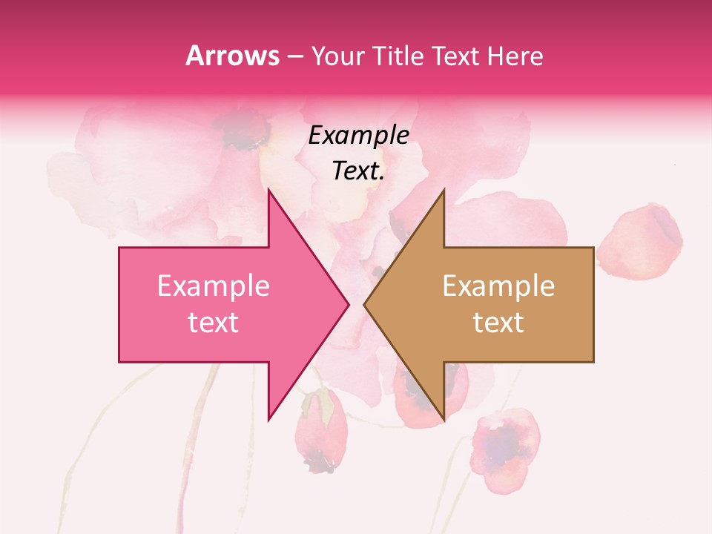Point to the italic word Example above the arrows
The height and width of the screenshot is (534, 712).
pos(359,136)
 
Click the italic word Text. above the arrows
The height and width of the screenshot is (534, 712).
pos(359,171)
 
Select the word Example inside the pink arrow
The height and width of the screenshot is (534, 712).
pos(214,286)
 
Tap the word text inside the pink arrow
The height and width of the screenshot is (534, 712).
pos(214,322)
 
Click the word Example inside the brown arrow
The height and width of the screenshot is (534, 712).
pos(498,286)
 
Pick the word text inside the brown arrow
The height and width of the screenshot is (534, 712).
pos(498,322)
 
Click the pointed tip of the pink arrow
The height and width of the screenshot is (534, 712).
pos(348,304)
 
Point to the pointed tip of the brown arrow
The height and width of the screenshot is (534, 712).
pos(365,304)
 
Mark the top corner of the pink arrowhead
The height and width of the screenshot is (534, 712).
pos(268,190)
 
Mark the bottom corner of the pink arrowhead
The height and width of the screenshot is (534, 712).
pos(268,419)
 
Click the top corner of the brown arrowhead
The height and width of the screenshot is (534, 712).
pos(444,190)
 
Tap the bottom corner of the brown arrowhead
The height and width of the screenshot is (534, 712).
pos(444,419)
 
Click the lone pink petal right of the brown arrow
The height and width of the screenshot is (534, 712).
pos(639,241)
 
